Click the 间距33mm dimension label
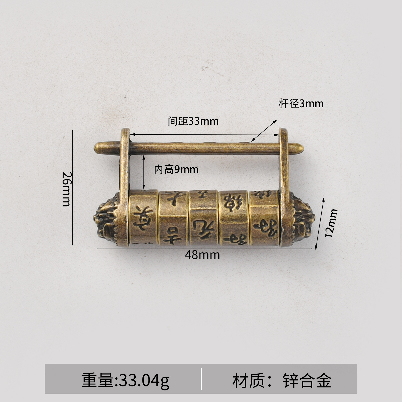[x=193, y=121]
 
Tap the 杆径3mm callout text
[x=301, y=104]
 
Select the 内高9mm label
[x=176, y=170]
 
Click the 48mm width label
[x=203, y=255]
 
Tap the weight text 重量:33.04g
[x=125, y=380]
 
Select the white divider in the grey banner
[x=201, y=379]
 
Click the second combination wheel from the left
[x=173, y=218]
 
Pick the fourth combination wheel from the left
[x=234, y=218]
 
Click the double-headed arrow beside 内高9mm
[x=144, y=172]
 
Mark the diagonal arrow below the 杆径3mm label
[x=264, y=130]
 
